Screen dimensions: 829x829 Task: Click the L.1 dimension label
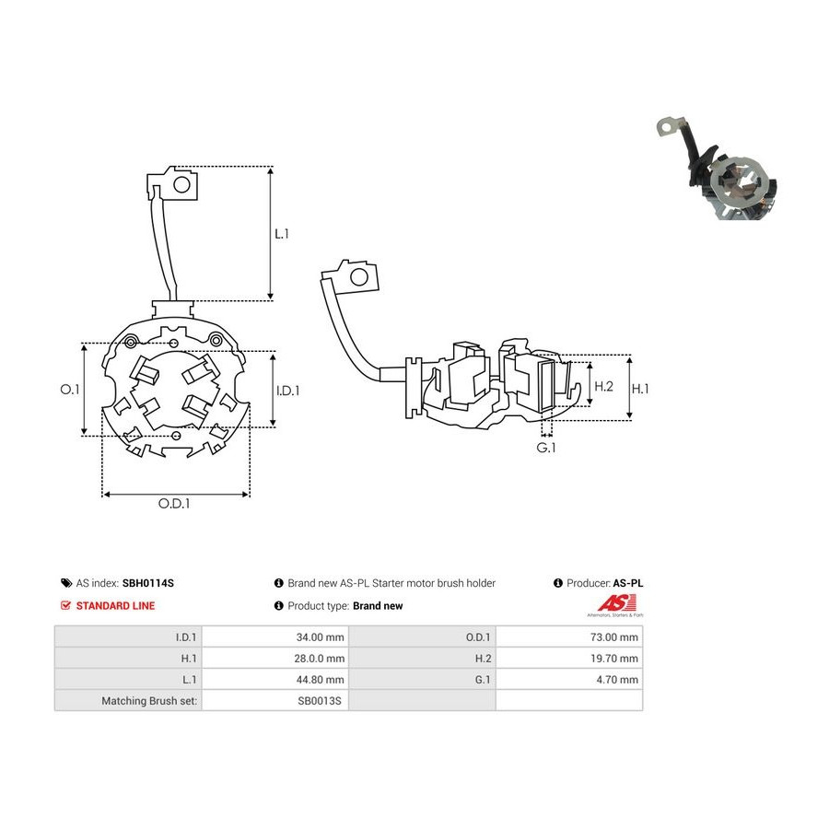pos(282,234)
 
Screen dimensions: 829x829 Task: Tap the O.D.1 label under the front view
pos(174,503)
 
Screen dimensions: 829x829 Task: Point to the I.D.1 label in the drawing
pos(288,391)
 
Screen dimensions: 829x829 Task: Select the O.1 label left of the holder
pos(69,390)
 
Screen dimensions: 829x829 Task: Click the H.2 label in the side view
pos(603,387)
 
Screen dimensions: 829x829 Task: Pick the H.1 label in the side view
pos(640,389)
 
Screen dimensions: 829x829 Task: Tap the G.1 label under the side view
pos(546,448)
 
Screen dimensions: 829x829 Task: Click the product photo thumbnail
pos(717,169)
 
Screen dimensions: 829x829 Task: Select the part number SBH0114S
pos(148,583)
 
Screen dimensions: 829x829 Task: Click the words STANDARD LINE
pos(115,606)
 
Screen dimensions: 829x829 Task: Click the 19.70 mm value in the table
pos(614,659)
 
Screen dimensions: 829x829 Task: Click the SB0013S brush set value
pos(320,701)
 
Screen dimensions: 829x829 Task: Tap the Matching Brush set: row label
pos(149,701)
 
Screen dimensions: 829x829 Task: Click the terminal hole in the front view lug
pos(181,185)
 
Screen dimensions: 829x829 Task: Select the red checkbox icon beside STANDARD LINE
pos(65,605)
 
